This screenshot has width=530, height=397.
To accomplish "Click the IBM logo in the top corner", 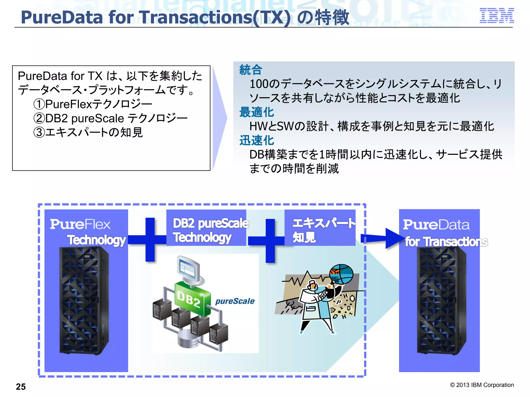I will coord(497,16).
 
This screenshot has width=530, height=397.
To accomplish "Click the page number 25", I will coord(21,387).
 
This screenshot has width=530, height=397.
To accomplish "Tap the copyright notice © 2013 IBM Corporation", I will coord(482,385).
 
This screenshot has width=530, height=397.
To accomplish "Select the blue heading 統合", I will coord(251,70).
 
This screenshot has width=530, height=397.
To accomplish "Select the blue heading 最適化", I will coord(256,112).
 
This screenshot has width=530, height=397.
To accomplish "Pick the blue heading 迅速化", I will coord(256,141).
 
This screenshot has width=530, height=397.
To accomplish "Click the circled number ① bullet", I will coord(39,104).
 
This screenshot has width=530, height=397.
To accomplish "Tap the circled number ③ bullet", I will coord(39,133).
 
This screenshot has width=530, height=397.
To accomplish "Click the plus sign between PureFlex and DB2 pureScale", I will coord(150,240).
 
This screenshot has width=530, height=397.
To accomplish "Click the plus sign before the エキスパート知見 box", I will coord(270,241).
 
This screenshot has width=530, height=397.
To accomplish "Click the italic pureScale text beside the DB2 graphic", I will coord(235,301).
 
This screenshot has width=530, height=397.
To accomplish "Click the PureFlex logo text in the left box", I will coord(80,224).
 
